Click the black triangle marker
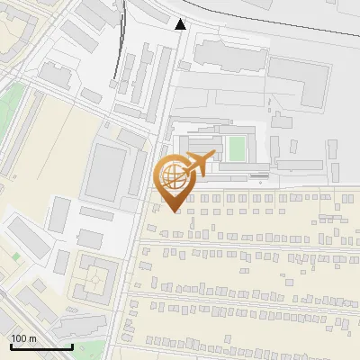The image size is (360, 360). coord(181,24)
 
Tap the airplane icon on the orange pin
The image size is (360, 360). coord(198,164)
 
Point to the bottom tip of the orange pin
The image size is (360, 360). coord(172,211)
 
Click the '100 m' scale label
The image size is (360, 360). coord(23,337)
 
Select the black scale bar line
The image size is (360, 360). coord(41,346)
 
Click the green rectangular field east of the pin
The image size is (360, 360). coord(237,148)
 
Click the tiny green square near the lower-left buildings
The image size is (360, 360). coord(15,255)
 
